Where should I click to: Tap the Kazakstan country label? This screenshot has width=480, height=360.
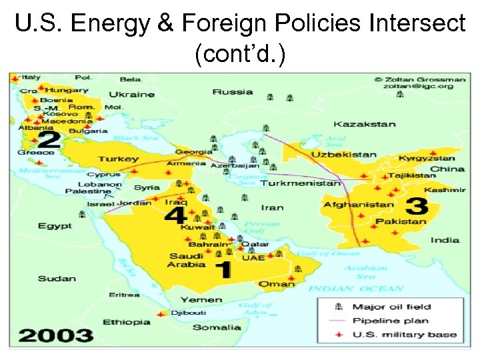[365, 124]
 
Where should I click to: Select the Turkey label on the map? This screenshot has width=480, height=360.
[119, 159]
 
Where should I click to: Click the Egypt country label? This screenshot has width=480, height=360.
[55, 226]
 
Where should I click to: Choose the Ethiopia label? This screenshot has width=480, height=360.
[127, 322]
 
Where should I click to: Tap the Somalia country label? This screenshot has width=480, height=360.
[217, 327]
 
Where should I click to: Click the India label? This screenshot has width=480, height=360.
[445, 240]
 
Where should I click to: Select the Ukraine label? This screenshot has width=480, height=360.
[131, 95]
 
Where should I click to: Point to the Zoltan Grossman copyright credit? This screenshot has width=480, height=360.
[418, 82]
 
